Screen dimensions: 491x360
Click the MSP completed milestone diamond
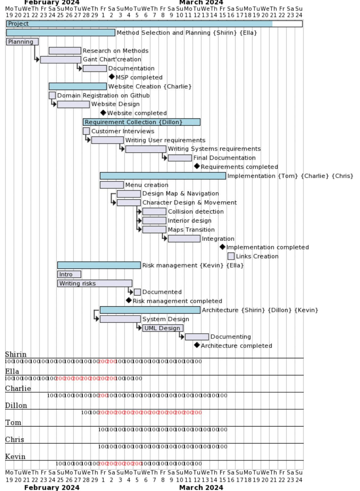click(x=112, y=77)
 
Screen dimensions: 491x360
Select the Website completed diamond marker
click(x=103, y=113)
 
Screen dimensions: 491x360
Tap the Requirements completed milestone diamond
click(x=197, y=166)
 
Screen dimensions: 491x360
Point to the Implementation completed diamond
click(x=223, y=247)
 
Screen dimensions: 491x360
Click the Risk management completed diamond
click(x=129, y=300)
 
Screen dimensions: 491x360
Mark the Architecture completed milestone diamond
click(x=197, y=345)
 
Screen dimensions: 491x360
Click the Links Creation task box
click(x=231, y=256)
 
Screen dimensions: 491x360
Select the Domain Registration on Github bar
click(x=52, y=95)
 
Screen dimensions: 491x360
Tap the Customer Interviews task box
click(x=86, y=131)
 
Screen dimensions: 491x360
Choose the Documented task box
click(x=137, y=292)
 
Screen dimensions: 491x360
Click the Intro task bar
click(x=69, y=274)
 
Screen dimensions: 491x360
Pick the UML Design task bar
click(x=163, y=328)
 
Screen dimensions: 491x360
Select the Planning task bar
click(x=22, y=42)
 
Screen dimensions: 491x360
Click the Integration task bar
click(x=184, y=239)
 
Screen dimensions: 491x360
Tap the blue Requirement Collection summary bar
click(x=141, y=122)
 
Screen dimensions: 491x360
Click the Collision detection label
click(x=196, y=212)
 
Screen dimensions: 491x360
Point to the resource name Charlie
click(x=18, y=389)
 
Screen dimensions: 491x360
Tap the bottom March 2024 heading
click(x=201, y=487)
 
